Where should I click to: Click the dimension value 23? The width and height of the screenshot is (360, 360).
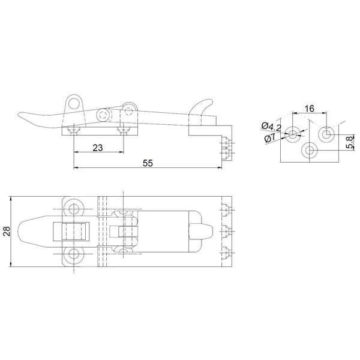[98, 148]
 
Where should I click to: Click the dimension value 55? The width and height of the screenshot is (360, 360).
[148, 163]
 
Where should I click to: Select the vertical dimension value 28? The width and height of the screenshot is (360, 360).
[7, 231]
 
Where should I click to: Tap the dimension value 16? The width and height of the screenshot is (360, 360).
[310, 109]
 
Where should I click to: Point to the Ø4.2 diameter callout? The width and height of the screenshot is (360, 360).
[271, 127]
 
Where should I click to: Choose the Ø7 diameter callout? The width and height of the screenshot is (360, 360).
[270, 138]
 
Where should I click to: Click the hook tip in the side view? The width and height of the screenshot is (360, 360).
[211, 101]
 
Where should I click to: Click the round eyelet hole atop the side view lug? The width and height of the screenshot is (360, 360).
[74, 103]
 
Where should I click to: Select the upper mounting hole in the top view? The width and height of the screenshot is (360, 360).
[73, 209]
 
